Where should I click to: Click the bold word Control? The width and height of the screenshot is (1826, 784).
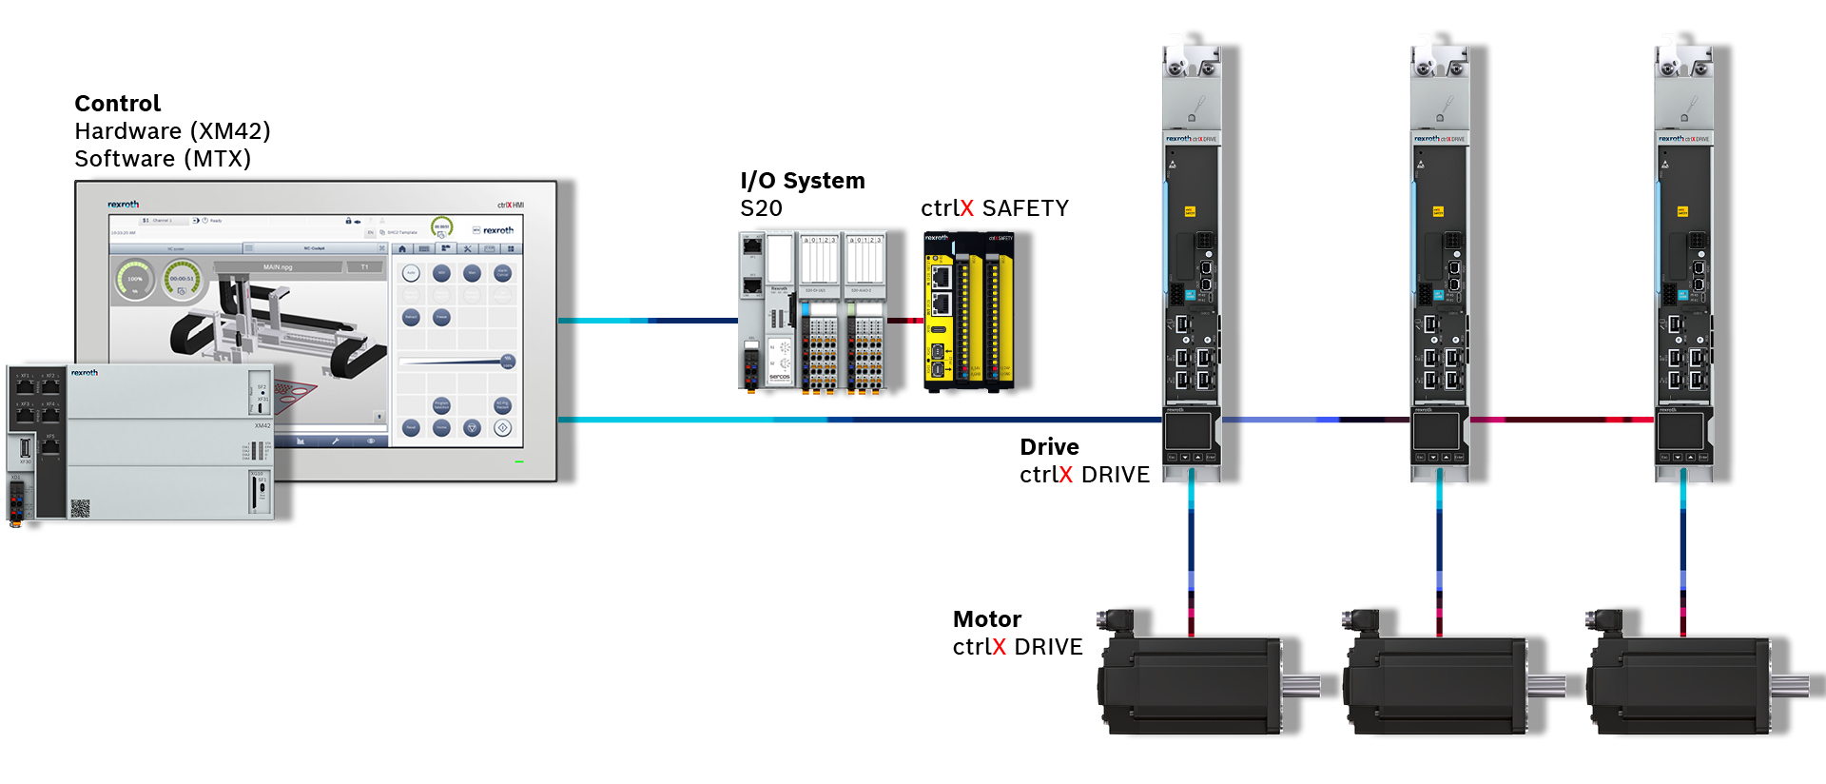point(117,104)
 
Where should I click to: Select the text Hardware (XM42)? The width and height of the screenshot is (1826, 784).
point(172,131)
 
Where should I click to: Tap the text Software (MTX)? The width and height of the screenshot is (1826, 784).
point(163,159)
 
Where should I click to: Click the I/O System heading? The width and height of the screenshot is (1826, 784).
point(802,181)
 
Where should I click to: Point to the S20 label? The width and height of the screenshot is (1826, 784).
point(761,208)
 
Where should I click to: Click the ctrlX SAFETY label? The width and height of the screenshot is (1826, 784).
point(994,208)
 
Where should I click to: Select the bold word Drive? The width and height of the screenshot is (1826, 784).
point(1049,447)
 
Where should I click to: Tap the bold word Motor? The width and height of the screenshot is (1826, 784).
point(986,619)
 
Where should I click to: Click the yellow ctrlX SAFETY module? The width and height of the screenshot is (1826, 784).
point(968,312)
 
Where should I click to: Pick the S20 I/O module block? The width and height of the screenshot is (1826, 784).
point(813,312)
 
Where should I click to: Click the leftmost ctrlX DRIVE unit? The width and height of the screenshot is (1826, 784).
point(1192,266)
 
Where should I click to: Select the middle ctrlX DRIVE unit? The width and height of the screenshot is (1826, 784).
point(1439,266)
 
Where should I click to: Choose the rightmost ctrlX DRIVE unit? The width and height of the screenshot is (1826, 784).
point(1683,266)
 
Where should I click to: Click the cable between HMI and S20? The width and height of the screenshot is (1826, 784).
point(647,321)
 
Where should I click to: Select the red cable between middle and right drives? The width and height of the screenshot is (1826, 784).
point(1560,420)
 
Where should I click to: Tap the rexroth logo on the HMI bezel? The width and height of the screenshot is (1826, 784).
point(123,205)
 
